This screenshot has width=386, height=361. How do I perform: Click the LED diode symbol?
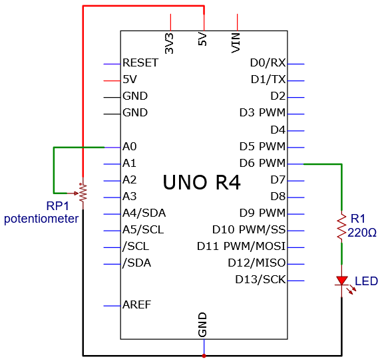click(x=342, y=282)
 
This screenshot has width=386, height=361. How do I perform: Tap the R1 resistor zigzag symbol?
click(x=341, y=227)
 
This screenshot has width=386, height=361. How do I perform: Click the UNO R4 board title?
click(x=202, y=182)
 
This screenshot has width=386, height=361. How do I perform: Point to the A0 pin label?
click(x=130, y=146)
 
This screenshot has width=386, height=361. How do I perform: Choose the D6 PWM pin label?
click(x=262, y=163)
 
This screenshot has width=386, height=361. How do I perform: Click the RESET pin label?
click(x=140, y=62)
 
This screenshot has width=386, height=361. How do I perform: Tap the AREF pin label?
click(x=136, y=305)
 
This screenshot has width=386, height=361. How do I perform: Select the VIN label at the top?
click(x=236, y=43)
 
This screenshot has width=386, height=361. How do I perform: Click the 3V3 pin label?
click(x=169, y=44)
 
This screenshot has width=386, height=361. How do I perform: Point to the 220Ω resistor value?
click(x=362, y=233)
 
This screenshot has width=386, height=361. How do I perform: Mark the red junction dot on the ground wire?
click(x=204, y=356)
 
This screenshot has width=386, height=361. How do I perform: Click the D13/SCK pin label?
click(x=260, y=280)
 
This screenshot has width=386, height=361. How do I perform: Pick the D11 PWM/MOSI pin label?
click(x=241, y=247)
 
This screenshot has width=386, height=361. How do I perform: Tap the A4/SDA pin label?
click(x=144, y=213)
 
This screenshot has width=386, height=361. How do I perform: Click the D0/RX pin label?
click(x=268, y=63)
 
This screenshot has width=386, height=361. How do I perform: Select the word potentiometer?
click(x=41, y=219)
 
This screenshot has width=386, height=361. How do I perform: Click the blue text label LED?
click(x=366, y=281)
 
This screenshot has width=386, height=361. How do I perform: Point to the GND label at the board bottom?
click(x=202, y=324)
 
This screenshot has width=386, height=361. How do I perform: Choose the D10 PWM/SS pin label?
click(x=249, y=229)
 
